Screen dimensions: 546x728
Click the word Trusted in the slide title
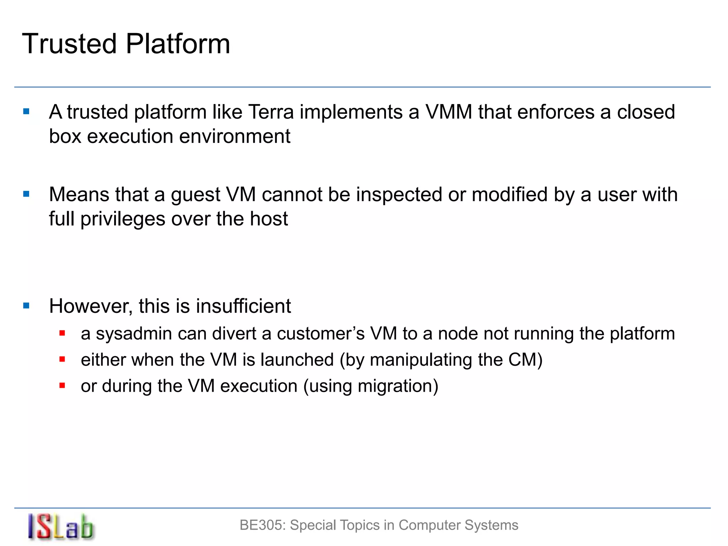[69, 44]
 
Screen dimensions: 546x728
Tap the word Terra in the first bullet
[271, 112]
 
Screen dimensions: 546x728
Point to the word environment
[235, 136]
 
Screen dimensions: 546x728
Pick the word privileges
[123, 219]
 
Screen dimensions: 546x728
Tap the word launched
[297, 360]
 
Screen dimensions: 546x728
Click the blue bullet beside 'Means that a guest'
[26, 194]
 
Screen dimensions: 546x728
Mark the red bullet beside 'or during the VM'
[62, 385]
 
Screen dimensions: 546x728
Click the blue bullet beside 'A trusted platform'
[26, 112]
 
